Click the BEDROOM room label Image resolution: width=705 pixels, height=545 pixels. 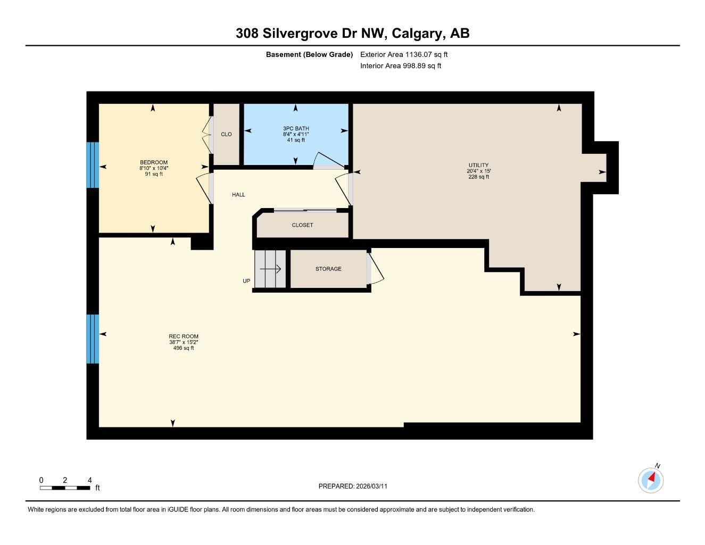pyautogui.click(x=154, y=162)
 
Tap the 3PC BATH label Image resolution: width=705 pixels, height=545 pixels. pyautogui.click(x=296, y=128)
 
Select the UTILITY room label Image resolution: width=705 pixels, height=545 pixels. pyautogui.click(x=478, y=165)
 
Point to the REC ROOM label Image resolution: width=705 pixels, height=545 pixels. pyautogui.click(x=184, y=336)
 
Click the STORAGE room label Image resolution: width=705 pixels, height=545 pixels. pyautogui.click(x=328, y=269)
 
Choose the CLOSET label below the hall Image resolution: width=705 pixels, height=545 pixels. pyautogui.click(x=302, y=225)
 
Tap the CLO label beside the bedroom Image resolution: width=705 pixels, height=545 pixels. pyautogui.click(x=226, y=134)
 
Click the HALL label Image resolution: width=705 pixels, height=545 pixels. pyautogui.click(x=238, y=195)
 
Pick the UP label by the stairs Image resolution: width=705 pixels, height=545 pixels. pyautogui.click(x=246, y=281)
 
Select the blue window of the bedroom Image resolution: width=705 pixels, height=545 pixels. pyautogui.click(x=93, y=164)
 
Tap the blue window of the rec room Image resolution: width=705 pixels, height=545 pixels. pyautogui.click(x=93, y=339)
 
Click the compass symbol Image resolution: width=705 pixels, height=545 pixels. pyautogui.click(x=651, y=480)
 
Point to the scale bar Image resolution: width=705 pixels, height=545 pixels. pyautogui.click(x=65, y=488)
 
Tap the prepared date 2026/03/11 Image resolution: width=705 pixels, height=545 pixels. pyautogui.click(x=375, y=486)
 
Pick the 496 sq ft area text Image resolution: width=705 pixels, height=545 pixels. pyautogui.click(x=184, y=348)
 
